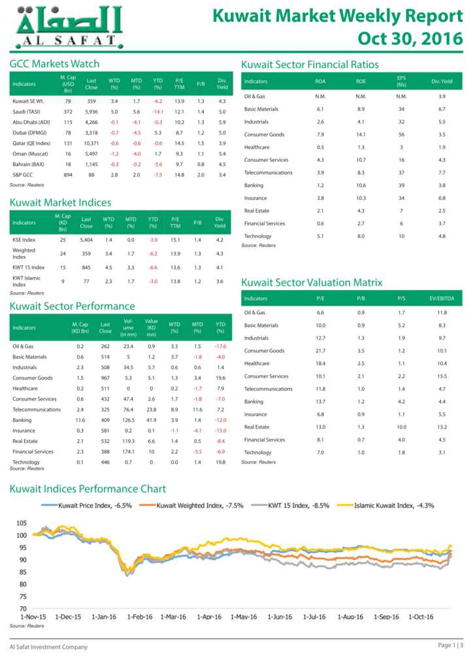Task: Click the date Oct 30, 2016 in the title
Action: pyautogui.click(x=410, y=39)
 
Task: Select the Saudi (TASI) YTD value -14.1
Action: pyautogui.click(x=158, y=112)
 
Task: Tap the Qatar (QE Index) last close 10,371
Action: pyautogui.click(x=91, y=143)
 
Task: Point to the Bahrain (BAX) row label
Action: pyautogui.click(x=28, y=164)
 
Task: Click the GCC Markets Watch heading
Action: pyautogui.click(x=55, y=64)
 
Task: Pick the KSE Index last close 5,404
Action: pyautogui.click(x=86, y=240)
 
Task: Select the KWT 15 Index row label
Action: pyautogui.click(x=29, y=267)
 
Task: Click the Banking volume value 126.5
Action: pyautogui.click(x=128, y=420)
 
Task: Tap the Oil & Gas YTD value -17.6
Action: pyautogui.click(x=221, y=346)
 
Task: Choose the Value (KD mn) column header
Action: pyautogui.click(x=152, y=328)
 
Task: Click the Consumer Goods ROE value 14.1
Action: pyautogui.click(x=361, y=135)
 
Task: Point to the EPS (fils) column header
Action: pyautogui.click(x=401, y=81)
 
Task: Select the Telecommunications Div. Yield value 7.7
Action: pyautogui.click(x=442, y=172)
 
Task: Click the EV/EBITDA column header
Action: pyautogui.click(x=442, y=299)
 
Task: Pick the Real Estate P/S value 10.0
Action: pyautogui.click(x=401, y=427)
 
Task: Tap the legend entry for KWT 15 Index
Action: pyautogui.click(x=290, y=506)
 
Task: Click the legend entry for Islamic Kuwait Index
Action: pyautogui.click(x=385, y=506)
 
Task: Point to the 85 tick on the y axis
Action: pyautogui.click(x=23, y=572)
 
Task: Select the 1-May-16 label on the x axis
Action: pyautogui.click(x=244, y=617)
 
